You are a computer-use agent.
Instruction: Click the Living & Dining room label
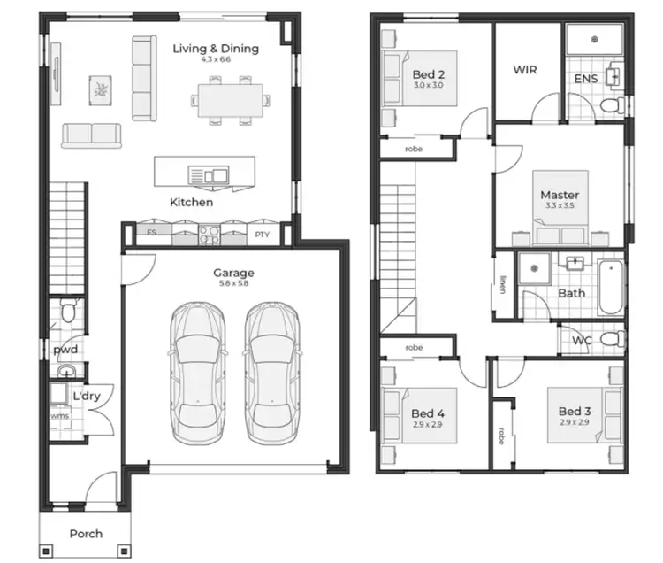(x=216, y=49)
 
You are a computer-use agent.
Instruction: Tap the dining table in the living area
(x=229, y=97)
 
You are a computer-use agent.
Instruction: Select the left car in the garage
(x=194, y=374)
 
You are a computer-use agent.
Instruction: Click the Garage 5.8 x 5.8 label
(x=233, y=274)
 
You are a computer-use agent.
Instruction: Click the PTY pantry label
(x=262, y=235)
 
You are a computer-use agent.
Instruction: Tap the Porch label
(x=86, y=533)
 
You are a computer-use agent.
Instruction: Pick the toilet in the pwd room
(x=68, y=312)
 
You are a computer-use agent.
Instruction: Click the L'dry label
(x=86, y=397)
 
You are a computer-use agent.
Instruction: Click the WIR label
(x=525, y=70)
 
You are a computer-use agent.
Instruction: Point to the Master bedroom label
(x=560, y=195)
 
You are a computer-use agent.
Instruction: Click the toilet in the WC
(x=610, y=339)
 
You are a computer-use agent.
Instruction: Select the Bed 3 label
(x=575, y=412)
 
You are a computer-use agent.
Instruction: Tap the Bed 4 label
(x=428, y=413)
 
